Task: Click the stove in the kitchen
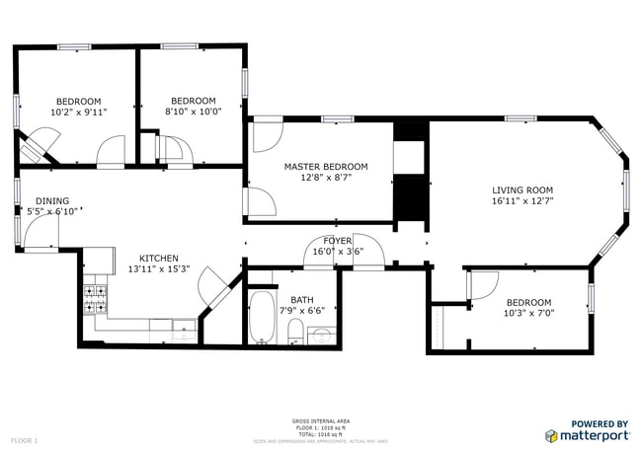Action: coord(94,299)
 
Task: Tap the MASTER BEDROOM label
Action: coord(326,167)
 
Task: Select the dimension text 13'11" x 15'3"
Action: coord(159,269)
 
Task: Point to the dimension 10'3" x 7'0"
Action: coord(529,314)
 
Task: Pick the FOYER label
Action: coord(338,241)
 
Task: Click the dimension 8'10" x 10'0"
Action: coord(193,112)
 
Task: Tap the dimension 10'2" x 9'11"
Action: coord(78,113)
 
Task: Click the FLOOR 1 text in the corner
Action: coord(24,438)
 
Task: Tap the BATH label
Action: coord(301,300)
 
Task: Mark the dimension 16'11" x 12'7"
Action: coord(522,200)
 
